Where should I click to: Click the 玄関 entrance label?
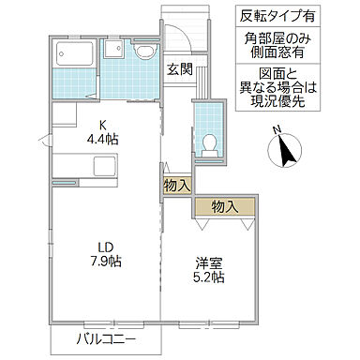pos(180,68)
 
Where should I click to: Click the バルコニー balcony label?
pos(106,338)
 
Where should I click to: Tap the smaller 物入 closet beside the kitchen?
pos(177,186)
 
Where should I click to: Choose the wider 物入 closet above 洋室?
pos(224,206)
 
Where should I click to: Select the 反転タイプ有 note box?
pos(285,17)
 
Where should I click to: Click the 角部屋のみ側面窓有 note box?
pos(285,48)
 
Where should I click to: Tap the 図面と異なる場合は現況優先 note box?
pos(285,92)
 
